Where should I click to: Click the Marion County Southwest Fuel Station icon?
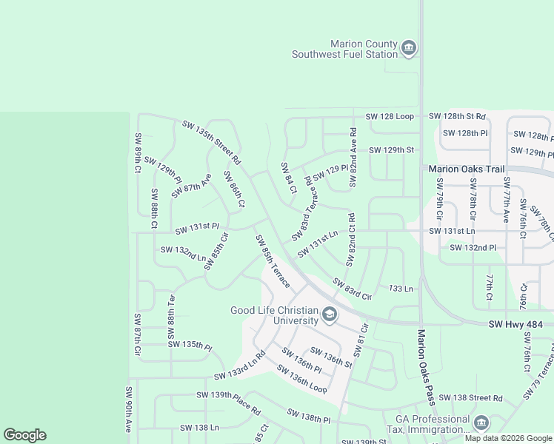408,50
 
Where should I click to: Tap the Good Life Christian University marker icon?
329,317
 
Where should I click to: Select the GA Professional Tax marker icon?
481,423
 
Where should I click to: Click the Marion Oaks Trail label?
467,169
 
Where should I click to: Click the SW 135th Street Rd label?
211,141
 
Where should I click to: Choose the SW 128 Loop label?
390,117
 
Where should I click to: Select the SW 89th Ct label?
138,152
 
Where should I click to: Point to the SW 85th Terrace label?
272,261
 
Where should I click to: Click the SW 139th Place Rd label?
228,403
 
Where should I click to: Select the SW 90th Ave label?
128,408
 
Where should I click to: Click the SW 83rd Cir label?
352,289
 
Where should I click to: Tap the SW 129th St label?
390,149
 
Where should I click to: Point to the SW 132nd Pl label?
473,247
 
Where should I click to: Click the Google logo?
24,435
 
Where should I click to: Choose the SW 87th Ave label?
192,186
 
